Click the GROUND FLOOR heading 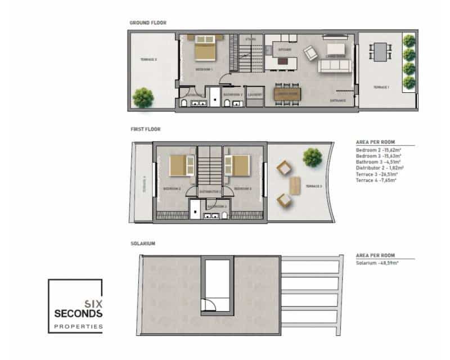(x=148, y=23)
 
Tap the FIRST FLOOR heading (x=145, y=129)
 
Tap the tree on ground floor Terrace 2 (x=143, y=97)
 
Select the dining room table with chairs (x=287, y=93)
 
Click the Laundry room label (x=255, y=94)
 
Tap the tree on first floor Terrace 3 (x=312, y=157)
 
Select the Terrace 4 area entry (x=376, y=179)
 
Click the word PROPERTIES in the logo (x=78, y=326)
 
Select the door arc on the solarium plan (x=209, y=305)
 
